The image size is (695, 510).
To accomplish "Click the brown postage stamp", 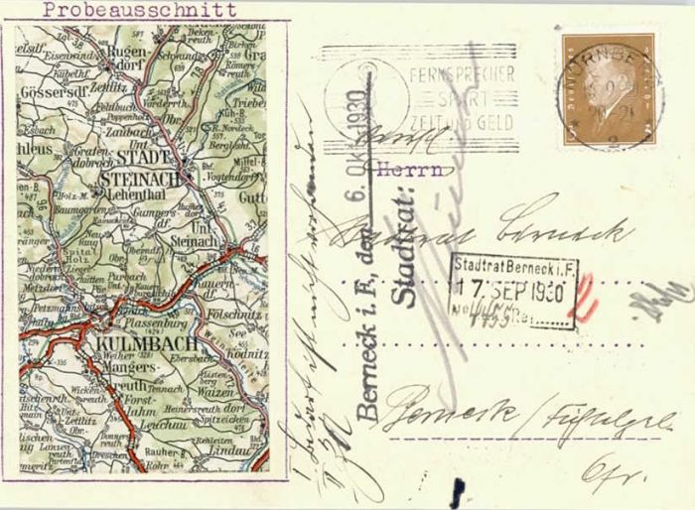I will point(609,89).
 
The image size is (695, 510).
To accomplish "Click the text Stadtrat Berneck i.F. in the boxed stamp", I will point(512,268).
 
